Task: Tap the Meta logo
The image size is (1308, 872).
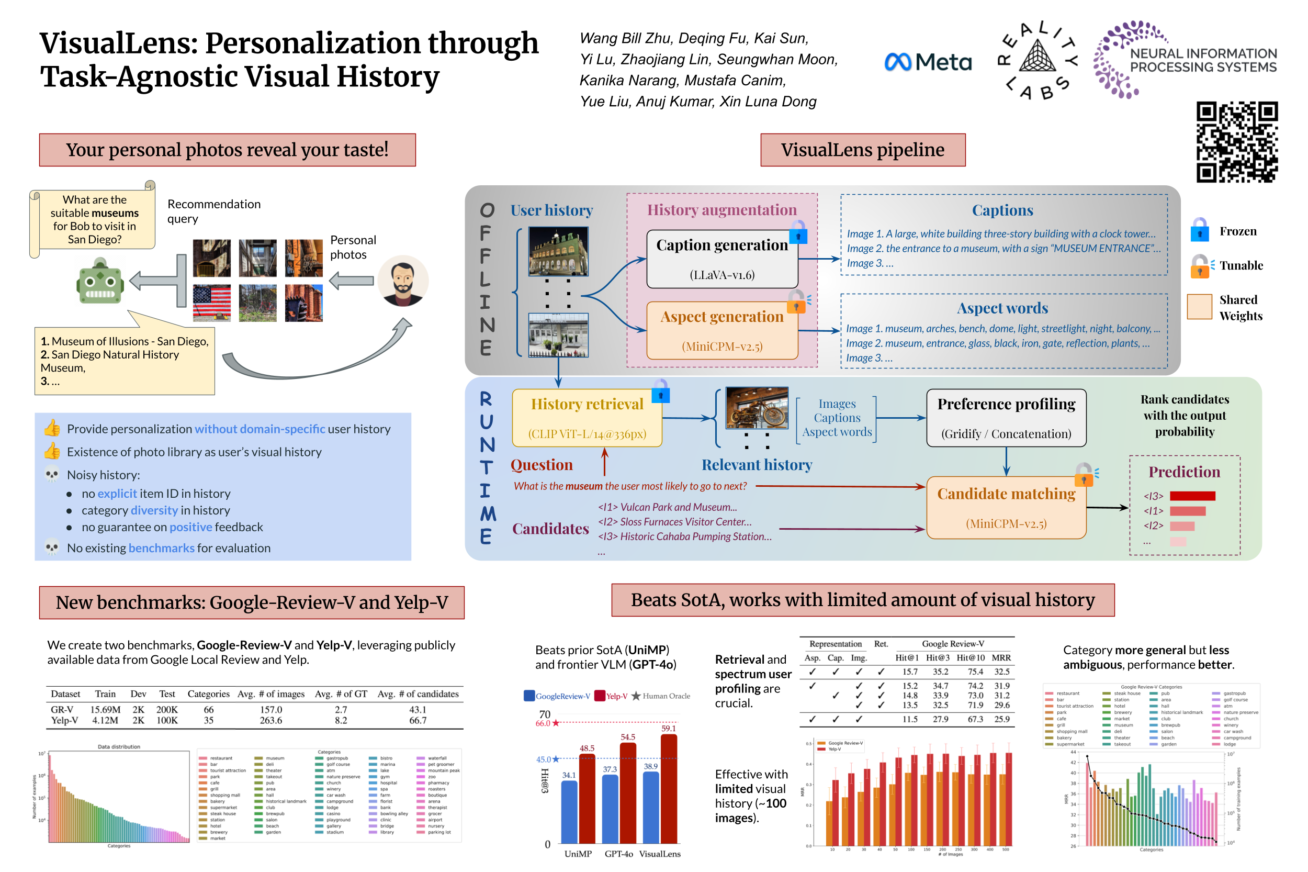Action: tap(927, 62)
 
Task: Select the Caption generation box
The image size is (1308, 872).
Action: tap(721, 259)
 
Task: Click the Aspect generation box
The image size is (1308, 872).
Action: tap(721, 330)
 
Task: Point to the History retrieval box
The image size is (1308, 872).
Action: tap(587, 418)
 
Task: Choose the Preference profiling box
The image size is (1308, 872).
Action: tap(1006, 418)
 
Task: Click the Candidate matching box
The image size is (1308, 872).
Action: tap(1006, 507)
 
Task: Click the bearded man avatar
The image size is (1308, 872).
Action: tap(402, 281)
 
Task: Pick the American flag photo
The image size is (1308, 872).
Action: tap(211, 303)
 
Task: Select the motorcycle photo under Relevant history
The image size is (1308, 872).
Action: tap(757, 408)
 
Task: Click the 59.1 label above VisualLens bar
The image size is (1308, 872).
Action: tap(668, 728)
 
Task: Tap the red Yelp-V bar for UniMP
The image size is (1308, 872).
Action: tap(587, 798)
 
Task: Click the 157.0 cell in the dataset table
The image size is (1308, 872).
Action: tap(270, 710)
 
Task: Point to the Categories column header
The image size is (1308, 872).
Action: tap(208, 694)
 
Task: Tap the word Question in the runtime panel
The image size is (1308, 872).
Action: tap(542, 464)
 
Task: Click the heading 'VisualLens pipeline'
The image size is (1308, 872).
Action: tap(862, 150)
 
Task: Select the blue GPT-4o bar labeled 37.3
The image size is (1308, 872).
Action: tap(610, 809)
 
